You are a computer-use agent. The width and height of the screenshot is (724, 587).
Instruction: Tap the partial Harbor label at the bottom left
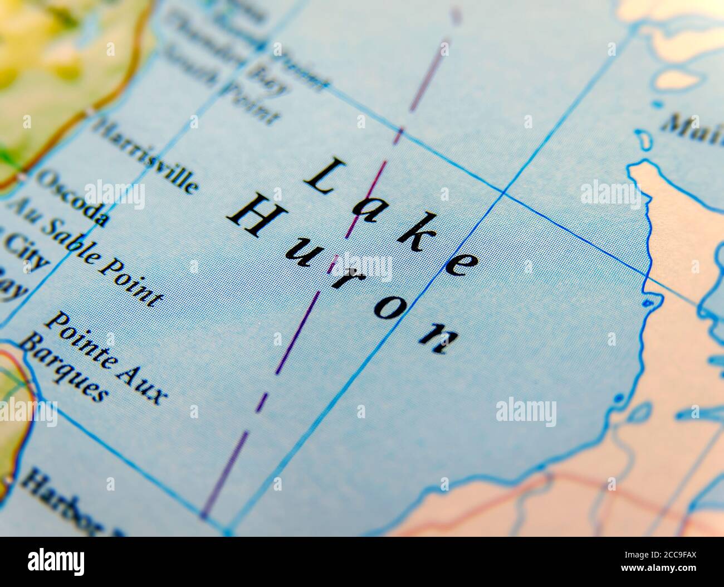click(x=61, y=502)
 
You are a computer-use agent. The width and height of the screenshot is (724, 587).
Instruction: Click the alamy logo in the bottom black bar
click(x=56, y=561)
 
